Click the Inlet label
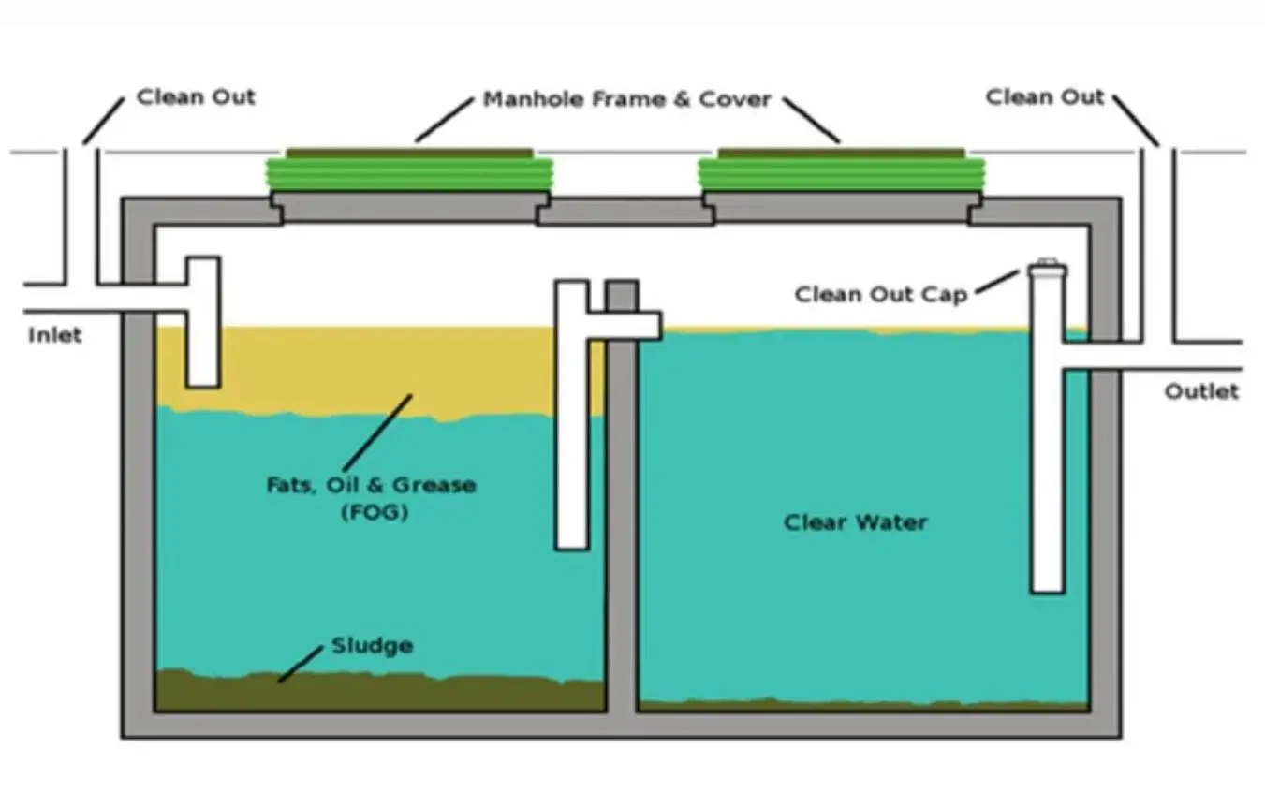click(x=54, y=335)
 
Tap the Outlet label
click(x=1201, y=391)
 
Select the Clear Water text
click(x=855, y=521)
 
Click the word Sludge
click(x=372, y=646)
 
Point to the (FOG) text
click(x=372, y=513)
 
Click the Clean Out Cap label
click(x=881, y=294)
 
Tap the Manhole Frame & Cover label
click(x=626, y=99)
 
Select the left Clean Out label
click(x=196, y=96)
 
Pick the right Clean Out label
click(x=1045, y=96)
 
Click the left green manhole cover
click(x=409, y=172)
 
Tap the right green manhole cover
click(x=842, y=172)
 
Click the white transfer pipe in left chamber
click(x=571, y=421)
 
